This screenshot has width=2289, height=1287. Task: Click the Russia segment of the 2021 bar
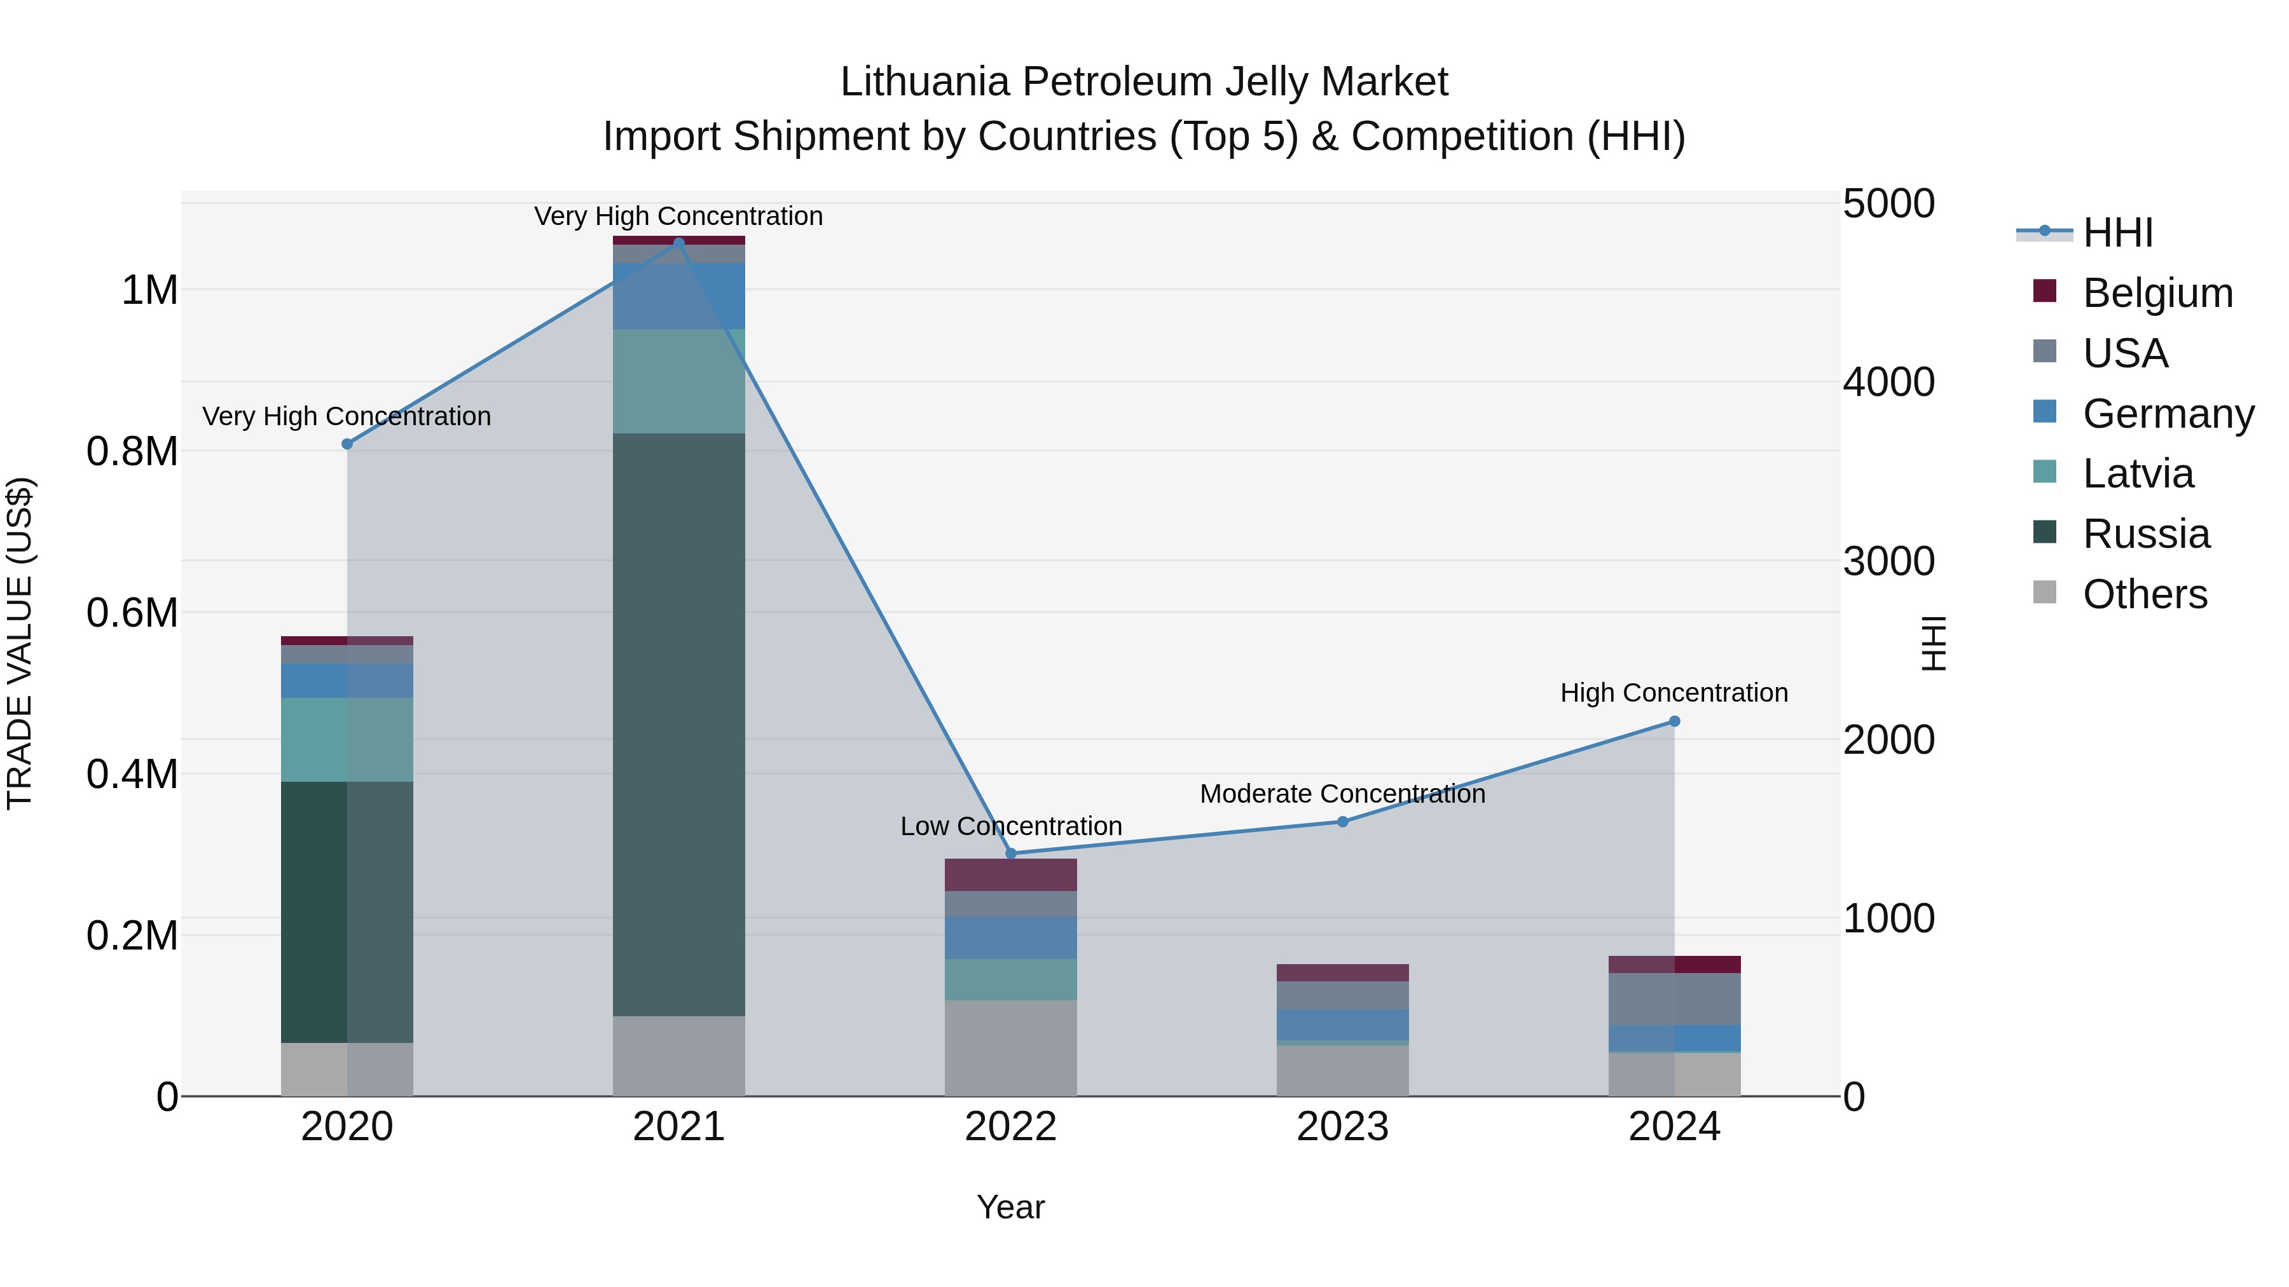tap(679, 724)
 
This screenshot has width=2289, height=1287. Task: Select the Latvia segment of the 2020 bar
tap(347, 739)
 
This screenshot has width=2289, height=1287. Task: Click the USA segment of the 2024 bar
tap(1674, 998)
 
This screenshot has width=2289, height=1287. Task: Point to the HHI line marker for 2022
tap(1010, 854)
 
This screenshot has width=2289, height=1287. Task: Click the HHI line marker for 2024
tap(1674, 721)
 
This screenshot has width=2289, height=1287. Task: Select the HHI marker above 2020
tap(347, 444)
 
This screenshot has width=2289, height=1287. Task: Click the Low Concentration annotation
tap(1010, 826)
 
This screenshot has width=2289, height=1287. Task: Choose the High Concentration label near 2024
tap(1674, 693)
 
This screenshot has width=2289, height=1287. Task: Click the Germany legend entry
tap(2168, 414)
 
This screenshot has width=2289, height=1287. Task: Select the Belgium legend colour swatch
tap(2045, 291)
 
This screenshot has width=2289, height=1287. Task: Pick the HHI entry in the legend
tap(2117, 233)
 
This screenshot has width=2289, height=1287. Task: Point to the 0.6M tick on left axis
tap(132, 613)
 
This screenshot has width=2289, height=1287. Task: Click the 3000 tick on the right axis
tap(1888, 561)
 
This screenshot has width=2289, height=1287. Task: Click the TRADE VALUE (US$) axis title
tap(20, 643)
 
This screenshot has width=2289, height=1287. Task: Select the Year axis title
tap(1010, 1207)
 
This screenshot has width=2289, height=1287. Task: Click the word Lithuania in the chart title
tap(924, 82)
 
